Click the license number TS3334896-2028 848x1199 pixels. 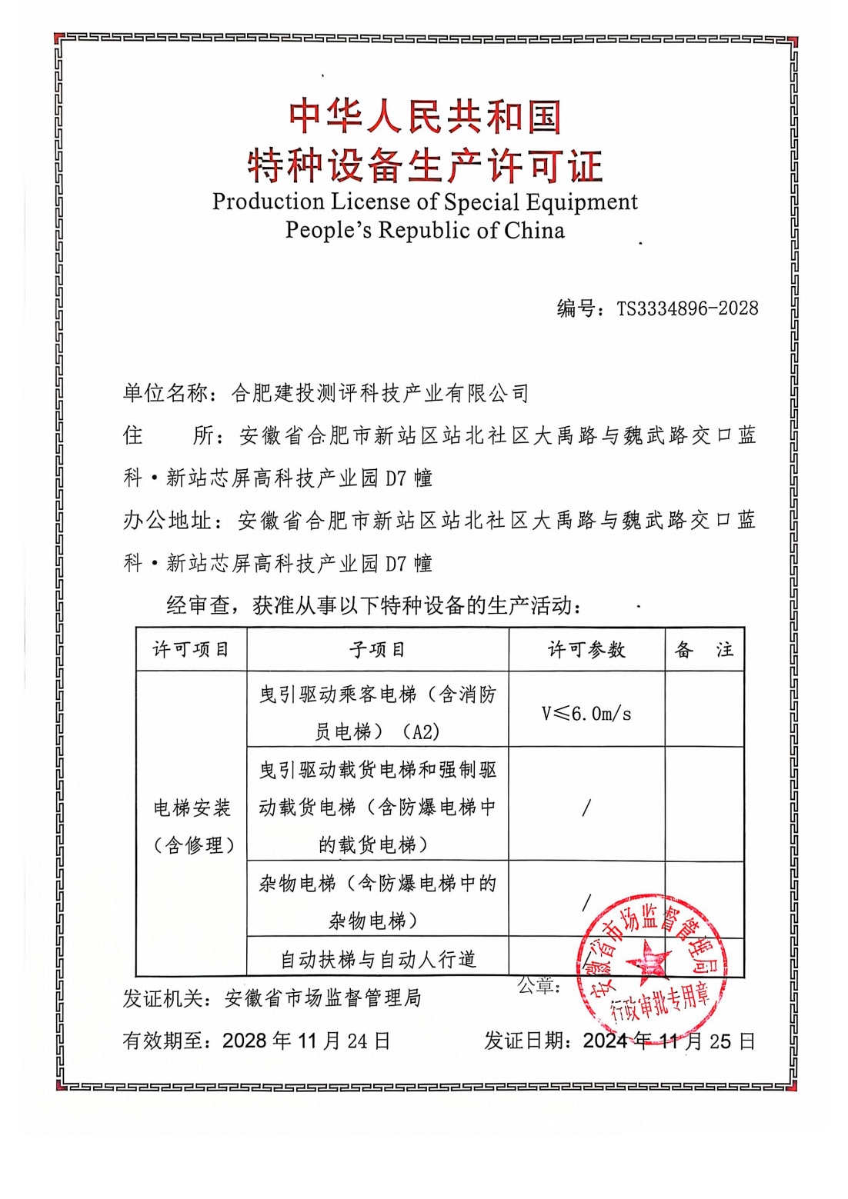click(x=687, y=308)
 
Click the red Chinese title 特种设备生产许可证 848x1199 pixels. click(x=425, y=165)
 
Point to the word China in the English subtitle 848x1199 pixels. click(x=534, y=230)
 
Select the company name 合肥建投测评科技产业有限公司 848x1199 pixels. click(x=380, y=394)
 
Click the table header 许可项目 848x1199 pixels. click(x=191, y=650)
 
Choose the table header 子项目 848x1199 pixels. click(x=377, y=650)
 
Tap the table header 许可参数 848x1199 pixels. click(x=586, y=650)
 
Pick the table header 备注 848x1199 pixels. click(x=704, y=650)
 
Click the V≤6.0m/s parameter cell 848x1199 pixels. click(x=586, y=714)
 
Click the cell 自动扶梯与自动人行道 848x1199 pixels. click(x=378, y=959)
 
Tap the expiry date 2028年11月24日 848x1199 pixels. click(x=306, y=1041)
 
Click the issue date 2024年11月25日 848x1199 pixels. click(x=669, y=1041)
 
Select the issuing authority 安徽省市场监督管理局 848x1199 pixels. click(x=323, y=998)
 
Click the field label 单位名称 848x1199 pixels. click(x=165, y=394)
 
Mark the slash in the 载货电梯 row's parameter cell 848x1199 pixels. click(x=586, y=807)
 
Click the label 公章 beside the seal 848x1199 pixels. click(x=539, y=985)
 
